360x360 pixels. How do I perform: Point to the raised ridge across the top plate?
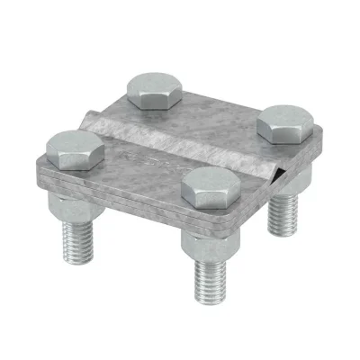tap(180, 135)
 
